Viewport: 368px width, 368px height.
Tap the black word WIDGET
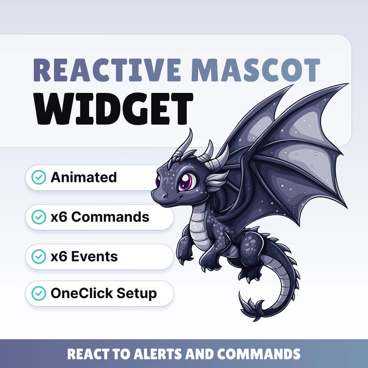click(x=114, y=108)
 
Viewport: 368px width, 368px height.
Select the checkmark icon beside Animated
click(x=39, y=177)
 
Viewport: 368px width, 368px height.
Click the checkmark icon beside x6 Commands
click(x=39, y=217)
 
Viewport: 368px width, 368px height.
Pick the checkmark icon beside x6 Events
click(x=39, y=256)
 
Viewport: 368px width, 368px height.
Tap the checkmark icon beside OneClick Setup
click(x=39, y=293)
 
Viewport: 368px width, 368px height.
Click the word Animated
click(x=84, y=177)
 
